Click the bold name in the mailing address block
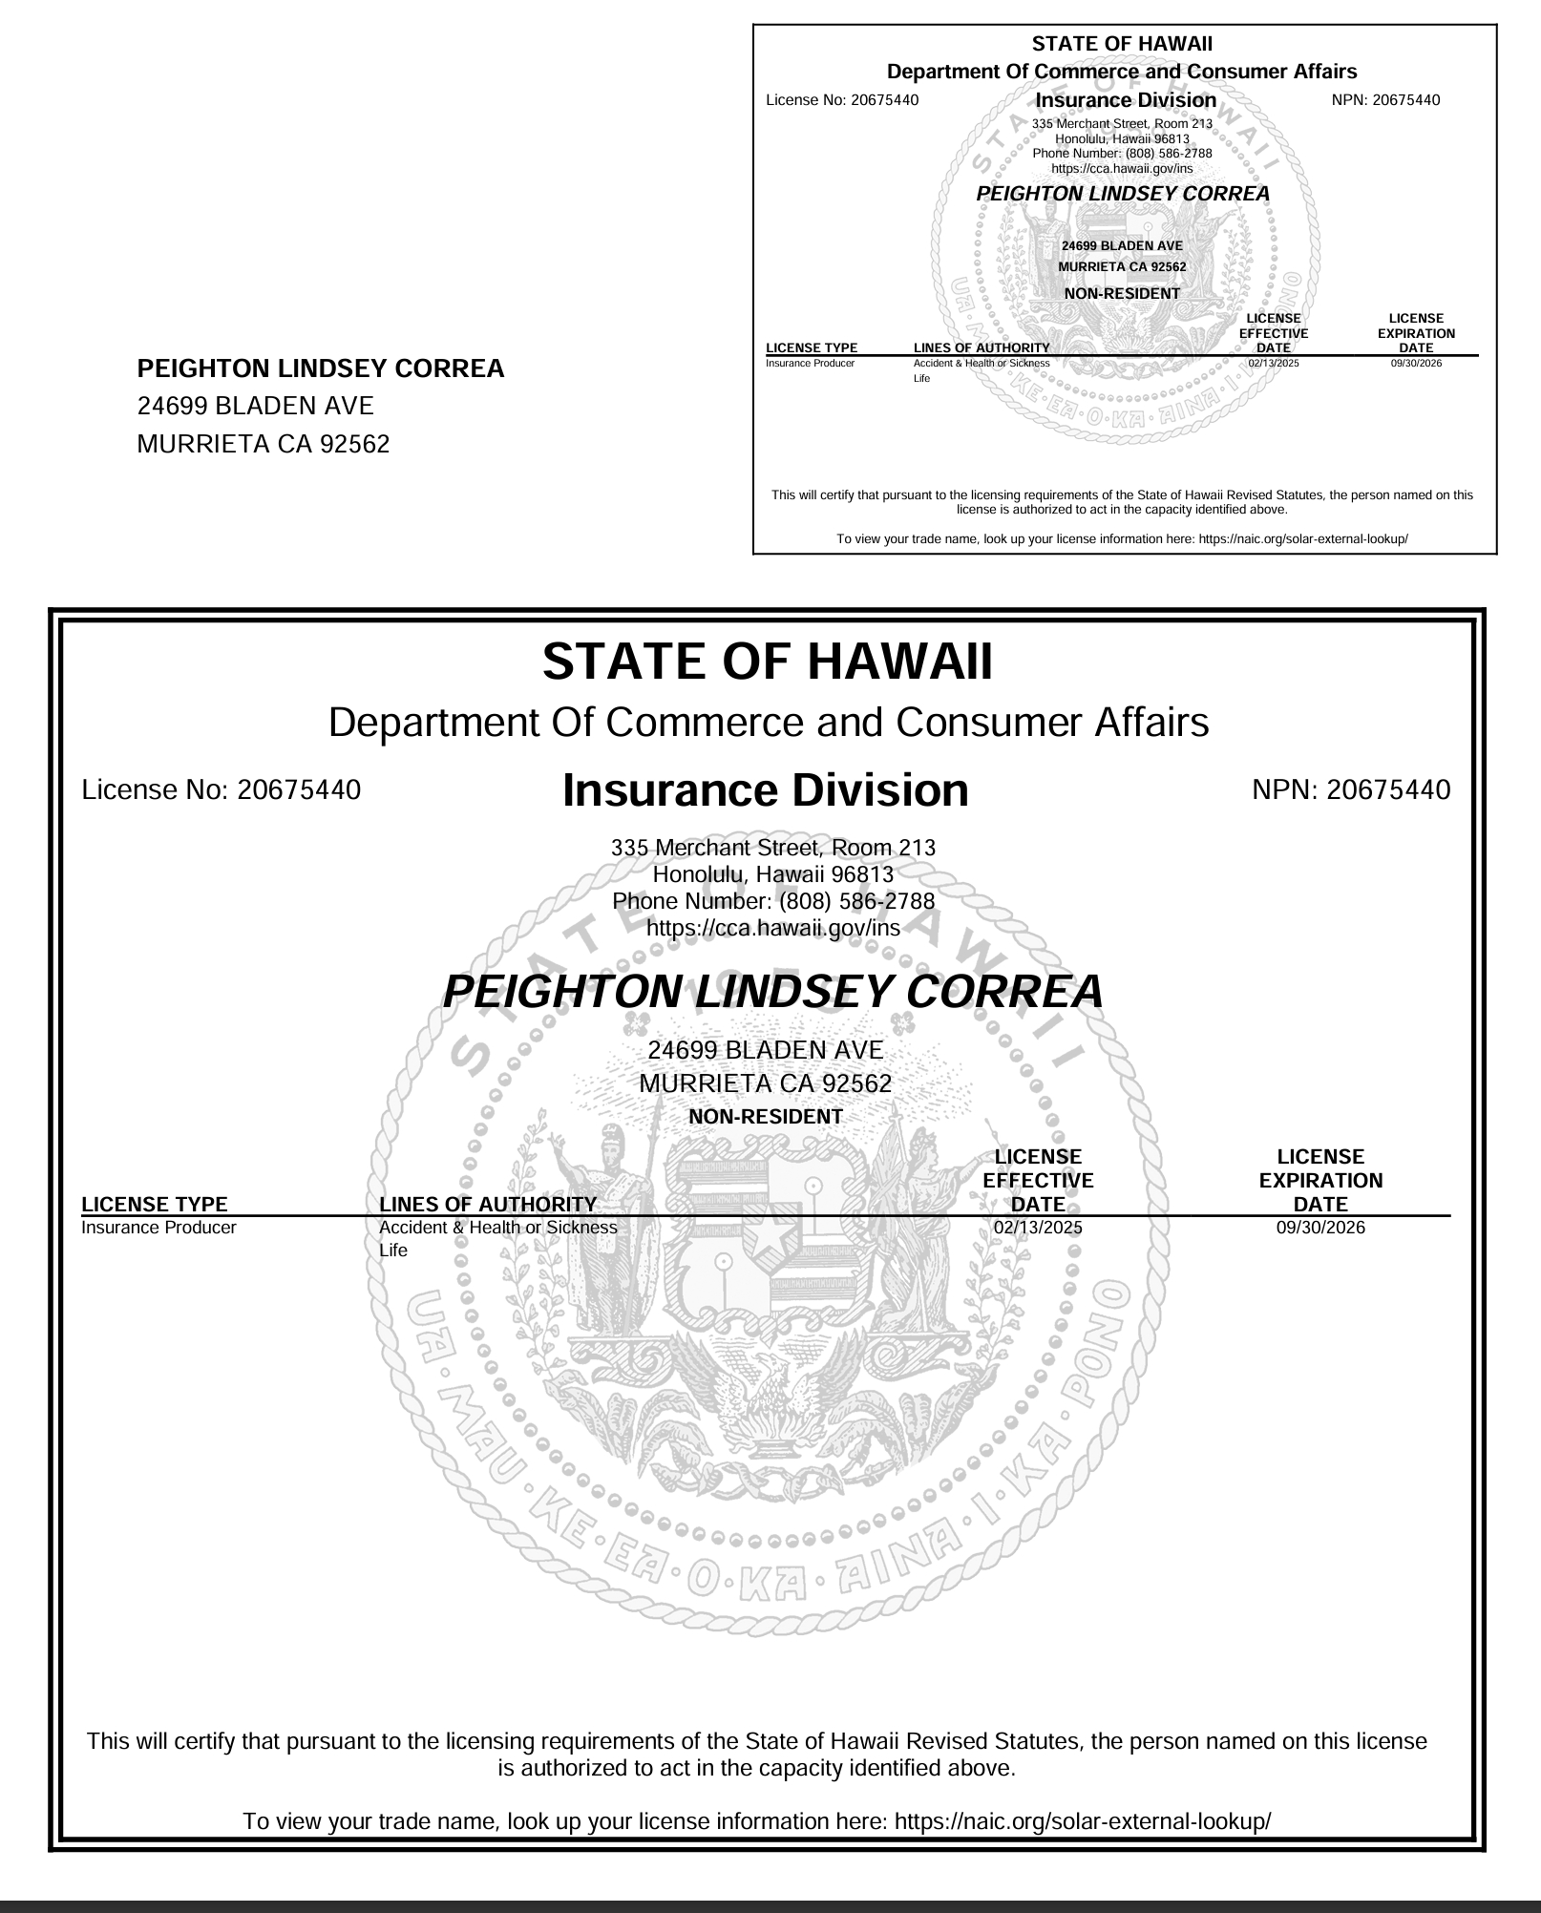coord(321,369)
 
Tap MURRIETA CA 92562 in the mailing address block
coord(264,444)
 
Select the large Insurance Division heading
coord(766,790)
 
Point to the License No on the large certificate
coord(222,790)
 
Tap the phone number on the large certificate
coord(773,901)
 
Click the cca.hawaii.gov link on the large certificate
coord(773,928)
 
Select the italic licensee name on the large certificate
coord(773,992)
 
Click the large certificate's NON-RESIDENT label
coord(766,1117)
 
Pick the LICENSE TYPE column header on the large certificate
coord(155,1205)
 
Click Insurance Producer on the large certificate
coord(158,1228)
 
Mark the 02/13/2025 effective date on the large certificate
coord(1038,1228)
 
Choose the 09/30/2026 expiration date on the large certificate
coord(1320,1228)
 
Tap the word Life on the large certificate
coord(393,1251)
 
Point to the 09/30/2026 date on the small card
coord(1416,364)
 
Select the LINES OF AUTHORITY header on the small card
coord(982,348)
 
